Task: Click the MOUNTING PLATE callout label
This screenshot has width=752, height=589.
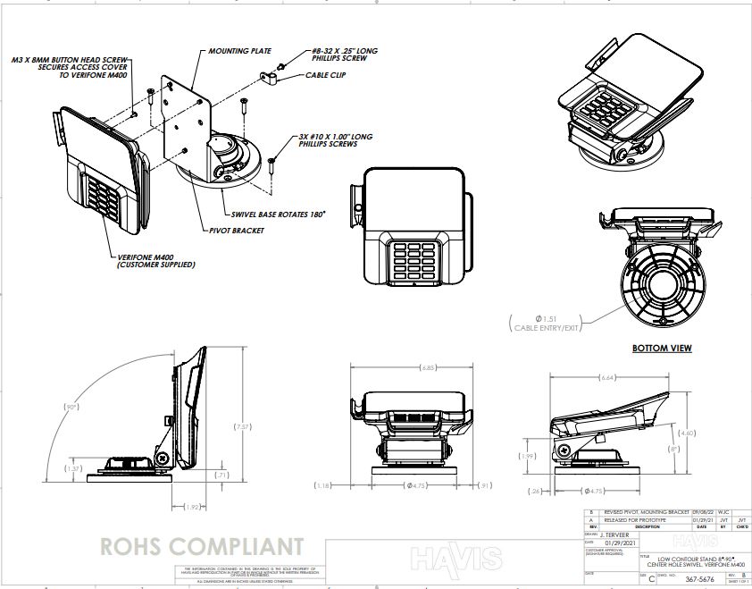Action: (240, 51)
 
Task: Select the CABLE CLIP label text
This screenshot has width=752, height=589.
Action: (326, 75)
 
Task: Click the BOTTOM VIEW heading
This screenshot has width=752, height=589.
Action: (662, 349)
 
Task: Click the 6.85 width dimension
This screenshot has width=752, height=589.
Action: (429, 367)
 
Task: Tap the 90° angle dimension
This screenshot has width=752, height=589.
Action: (72, 407)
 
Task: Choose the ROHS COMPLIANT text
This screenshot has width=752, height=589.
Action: (202, 545)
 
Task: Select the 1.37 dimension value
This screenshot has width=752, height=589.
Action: (75, 468)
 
